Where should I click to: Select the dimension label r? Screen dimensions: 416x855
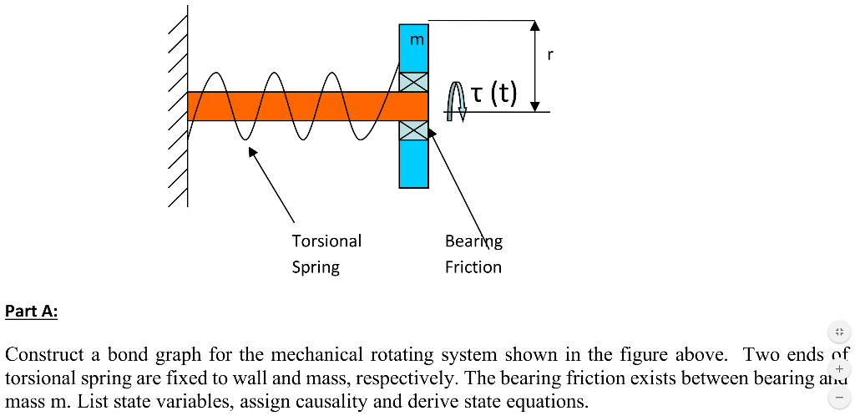click(549, 56)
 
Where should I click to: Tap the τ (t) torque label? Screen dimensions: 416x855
click(493, 94)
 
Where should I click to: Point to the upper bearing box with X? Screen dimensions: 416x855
click(413, 82)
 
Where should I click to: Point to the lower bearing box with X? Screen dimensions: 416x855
click(413, 130)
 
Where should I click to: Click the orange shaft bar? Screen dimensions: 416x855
click(301, 106)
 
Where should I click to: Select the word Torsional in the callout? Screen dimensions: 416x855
click(326, 241)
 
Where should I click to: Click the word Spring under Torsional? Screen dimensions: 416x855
click(316, 267)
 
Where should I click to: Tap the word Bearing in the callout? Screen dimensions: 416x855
click(473, 241)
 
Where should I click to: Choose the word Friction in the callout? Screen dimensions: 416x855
click(473, 267)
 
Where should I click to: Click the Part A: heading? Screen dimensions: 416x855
click(31, 312)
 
